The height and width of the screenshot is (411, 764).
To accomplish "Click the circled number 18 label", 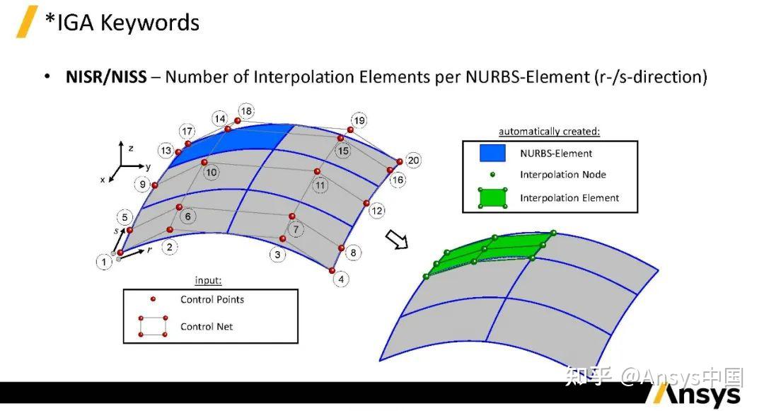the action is tap(246, 111).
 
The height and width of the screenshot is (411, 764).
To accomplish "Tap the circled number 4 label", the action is tap(341, 279).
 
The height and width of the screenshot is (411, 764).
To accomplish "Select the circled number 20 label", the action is tap(413, 160).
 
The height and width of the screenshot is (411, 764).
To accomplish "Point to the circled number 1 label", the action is tap(104, 262).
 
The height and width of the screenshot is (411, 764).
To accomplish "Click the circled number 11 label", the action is tap(320, 185).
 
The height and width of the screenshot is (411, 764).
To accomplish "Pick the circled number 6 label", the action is tap(188, 216).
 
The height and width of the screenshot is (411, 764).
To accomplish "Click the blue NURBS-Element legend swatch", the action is tap(492, 153).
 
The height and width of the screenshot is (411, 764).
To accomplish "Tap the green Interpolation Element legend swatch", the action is tap(492, 197).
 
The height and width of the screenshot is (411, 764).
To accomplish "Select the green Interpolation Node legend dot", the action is tap(492, 174).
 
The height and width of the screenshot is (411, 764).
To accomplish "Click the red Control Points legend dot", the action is tap(153, 299).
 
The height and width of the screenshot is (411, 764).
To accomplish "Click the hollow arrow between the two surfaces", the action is tap(396, 240).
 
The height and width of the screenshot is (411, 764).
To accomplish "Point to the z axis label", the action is tap(131, 148).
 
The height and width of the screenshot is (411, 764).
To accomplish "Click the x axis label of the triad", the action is tap(103, 180).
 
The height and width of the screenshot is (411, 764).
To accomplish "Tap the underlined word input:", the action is tap(208, 281).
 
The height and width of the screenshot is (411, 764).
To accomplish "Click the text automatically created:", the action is tap(549, 132).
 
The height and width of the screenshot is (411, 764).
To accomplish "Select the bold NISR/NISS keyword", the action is tap(106, 77).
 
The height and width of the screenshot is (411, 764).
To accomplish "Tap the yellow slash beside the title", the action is tap(27, 21).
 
